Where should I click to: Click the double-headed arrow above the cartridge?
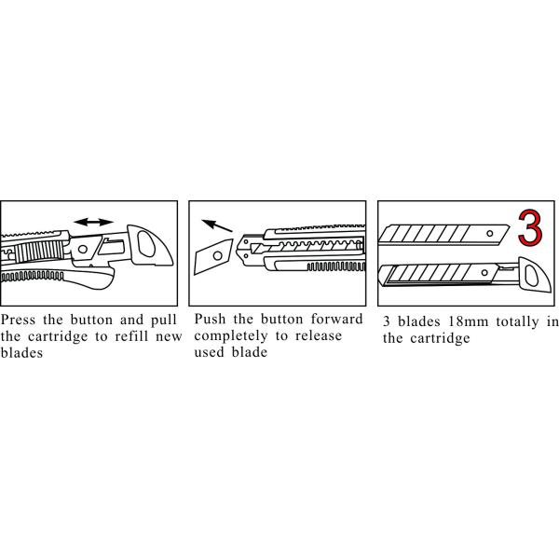tap(93, 222)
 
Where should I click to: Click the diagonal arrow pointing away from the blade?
tap(218, 225)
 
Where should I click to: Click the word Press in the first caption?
tap(20, 320)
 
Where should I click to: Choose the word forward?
tap(334, 320)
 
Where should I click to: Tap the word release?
tap(318, 336)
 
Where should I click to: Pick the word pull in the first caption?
tap(162, 320)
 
